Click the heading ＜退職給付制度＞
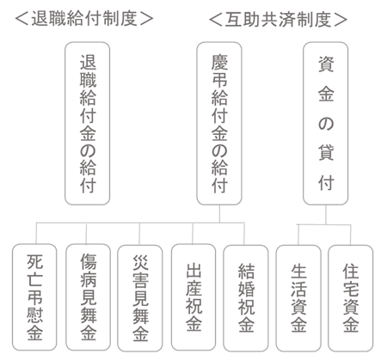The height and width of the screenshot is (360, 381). point(84,19)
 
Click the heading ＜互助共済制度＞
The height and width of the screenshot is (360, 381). point(278,20)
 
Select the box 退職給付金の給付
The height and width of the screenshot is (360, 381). point(88,124)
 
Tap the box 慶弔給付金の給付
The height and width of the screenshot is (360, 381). point(219,124)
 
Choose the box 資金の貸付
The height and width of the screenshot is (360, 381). point(326,124)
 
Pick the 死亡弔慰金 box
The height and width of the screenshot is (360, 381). point(34,297)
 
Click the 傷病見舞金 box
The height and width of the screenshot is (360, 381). point(88,297)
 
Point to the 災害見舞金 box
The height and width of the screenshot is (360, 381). point(140,298)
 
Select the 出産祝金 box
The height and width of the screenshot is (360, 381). point(194,297)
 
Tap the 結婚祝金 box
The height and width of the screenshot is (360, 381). point(246,298)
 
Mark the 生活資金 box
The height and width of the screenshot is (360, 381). point(298,298)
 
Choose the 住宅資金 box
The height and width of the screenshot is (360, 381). point(351,298)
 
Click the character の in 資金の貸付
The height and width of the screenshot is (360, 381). point(326,124)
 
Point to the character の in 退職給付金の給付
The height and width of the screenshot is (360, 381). point(88,150)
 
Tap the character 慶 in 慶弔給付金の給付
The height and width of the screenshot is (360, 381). point(219,62)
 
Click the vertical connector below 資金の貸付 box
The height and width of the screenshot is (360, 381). point(326,215)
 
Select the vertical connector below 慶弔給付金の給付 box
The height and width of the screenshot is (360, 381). point(219,214)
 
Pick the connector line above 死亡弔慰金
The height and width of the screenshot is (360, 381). point(36,233)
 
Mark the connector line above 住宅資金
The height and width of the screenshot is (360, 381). point(350,235)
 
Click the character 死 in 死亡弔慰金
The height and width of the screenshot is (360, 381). point(34,261)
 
